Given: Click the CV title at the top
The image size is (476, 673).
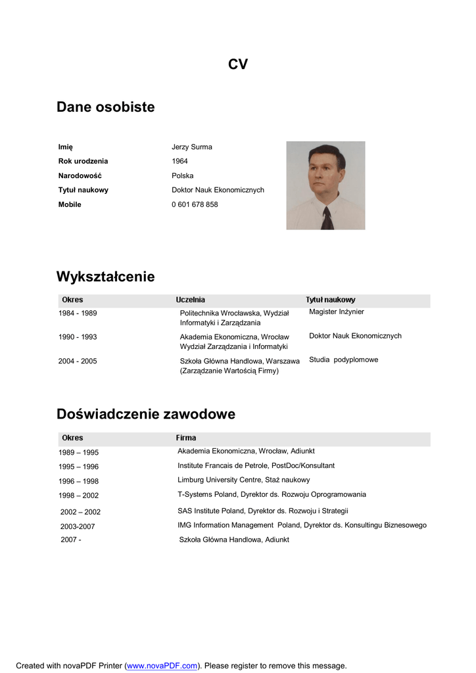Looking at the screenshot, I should coord(238,64).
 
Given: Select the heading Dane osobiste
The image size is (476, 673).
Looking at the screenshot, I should coord(106,107).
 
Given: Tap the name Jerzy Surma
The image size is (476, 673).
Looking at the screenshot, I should coord(192,147).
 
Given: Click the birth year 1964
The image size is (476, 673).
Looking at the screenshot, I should coord(179,162).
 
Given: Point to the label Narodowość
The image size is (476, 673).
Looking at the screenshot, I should coord(80,176).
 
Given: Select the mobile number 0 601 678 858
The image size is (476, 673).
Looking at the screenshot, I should coord(195,205).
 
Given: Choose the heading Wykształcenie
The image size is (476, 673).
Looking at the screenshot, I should coord(106,277).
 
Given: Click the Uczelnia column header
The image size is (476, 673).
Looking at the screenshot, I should coord(190,300).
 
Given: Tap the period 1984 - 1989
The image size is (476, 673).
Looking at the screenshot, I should coord(78,313).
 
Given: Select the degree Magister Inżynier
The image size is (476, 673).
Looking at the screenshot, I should coord(336,312).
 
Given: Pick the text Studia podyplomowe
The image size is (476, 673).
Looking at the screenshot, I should coord(343,360).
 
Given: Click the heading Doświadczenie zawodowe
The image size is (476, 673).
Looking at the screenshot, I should coord(146,414).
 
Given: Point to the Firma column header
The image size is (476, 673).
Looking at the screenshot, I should coord(186,438).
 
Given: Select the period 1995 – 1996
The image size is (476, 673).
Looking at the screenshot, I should coord(78,467).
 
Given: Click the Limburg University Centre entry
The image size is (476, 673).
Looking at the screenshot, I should coord(243,480).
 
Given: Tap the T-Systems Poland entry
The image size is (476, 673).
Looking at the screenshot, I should coord(272,494).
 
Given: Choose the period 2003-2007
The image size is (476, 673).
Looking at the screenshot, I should coord(78,526).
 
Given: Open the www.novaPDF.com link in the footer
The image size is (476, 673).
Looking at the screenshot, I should coord(162,666).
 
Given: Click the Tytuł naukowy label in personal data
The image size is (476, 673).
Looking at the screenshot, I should coord(83,191).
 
